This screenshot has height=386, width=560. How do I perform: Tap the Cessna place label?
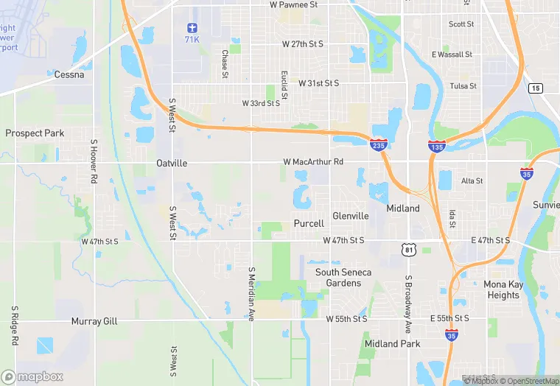click(69, 74)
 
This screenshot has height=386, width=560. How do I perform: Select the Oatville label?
click(172, 163)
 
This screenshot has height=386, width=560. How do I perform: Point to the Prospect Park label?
click(35, 133)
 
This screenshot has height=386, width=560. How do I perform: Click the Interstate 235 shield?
click(379, 146)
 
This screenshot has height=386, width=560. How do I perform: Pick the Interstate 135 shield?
click(436, 146)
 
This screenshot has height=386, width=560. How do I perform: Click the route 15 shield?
click(536, 88)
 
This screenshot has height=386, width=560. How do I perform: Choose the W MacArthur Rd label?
click(313, 161)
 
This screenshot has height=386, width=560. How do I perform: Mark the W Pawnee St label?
click(293, 4)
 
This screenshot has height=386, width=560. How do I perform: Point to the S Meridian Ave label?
click(251, 293)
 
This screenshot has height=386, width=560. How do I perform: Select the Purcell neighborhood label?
click(309, 223)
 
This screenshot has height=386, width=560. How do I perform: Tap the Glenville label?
click(351, 216)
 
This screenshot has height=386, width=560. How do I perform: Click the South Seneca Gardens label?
click(343, 278)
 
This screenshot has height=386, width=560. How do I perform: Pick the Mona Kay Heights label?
click(503, 289)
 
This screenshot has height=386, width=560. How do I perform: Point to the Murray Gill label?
click(94, 321)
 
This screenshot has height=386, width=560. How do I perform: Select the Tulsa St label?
click(463, 86)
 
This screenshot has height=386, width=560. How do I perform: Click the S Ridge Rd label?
click(14, 325)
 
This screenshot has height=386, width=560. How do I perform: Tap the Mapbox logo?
click(32, 376)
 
